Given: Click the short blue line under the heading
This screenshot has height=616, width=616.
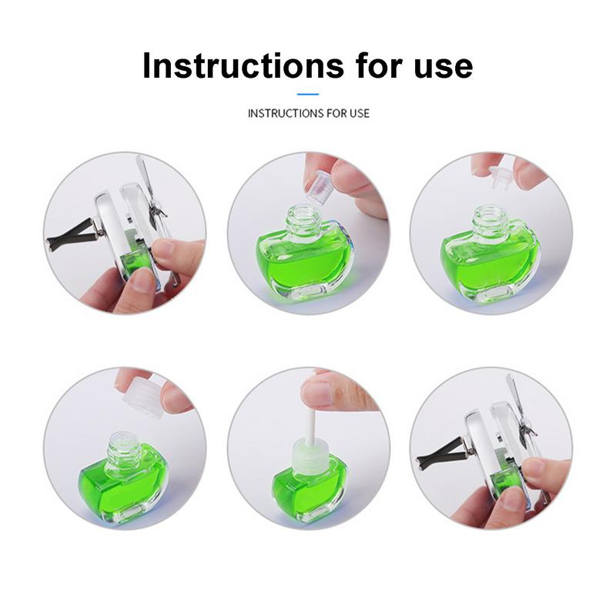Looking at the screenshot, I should coord(308,94).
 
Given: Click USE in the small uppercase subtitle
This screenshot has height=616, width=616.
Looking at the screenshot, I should coord(360,113).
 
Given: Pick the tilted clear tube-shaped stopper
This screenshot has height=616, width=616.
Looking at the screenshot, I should coord(318,182).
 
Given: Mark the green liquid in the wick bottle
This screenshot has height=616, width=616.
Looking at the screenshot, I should coord(307,493).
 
